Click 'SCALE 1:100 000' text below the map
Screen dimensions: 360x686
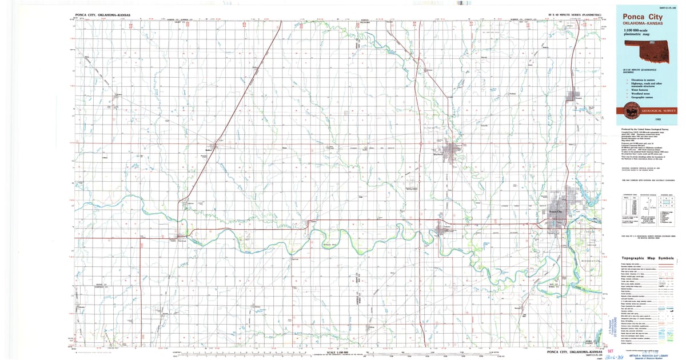point(336,351)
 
